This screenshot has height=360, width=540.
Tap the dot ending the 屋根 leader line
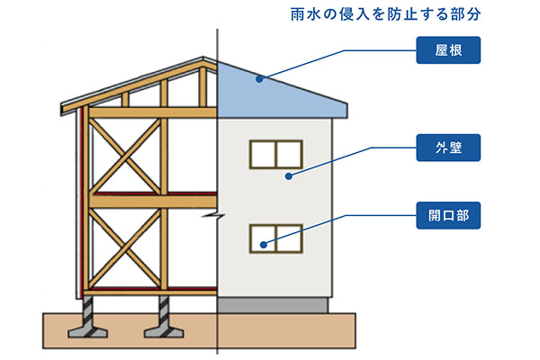(258, 79)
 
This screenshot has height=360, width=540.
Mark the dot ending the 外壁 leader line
(288, 176)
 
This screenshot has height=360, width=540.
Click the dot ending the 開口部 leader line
(264, 244)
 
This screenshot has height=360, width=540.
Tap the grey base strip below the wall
(274, 306)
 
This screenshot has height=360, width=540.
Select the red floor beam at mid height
(153, 193)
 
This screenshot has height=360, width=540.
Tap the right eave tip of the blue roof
(350, 115)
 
